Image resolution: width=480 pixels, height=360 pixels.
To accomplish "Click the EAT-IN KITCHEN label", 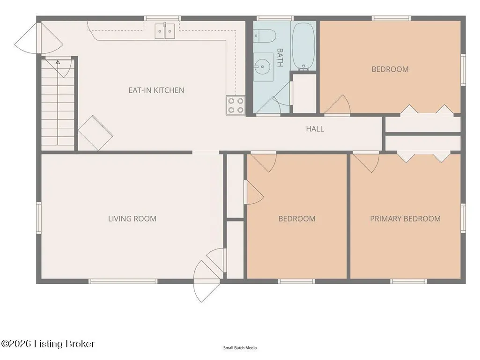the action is pos(156,90).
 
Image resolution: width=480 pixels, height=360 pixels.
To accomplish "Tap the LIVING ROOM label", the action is pos(132,219).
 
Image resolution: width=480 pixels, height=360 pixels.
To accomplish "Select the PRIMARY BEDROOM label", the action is pos(405,219).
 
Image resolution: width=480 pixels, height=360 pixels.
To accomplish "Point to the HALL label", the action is pos(315,129).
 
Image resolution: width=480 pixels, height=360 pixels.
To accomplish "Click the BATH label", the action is pos(280,57).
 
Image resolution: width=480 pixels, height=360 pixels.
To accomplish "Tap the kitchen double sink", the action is pos(165,30).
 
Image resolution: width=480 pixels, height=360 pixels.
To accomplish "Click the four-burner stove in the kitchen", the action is pos(236,105).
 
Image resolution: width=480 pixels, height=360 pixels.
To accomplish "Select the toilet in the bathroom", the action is pos(265,36).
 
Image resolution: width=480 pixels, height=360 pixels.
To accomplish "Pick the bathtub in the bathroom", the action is pos(303,46).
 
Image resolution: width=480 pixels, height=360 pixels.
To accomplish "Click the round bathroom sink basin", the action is pos(262,66).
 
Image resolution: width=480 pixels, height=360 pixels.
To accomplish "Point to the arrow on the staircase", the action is pos(58,103).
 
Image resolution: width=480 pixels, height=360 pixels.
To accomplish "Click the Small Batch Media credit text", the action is pos(240,348).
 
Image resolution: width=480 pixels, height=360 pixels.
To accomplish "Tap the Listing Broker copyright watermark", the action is pos(48,344).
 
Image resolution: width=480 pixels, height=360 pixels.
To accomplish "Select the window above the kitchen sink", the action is pos(162,18).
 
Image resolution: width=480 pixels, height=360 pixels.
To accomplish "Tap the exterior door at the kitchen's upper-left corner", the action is pos(39,38).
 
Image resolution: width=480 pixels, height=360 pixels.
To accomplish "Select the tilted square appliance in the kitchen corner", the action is pos(96,133).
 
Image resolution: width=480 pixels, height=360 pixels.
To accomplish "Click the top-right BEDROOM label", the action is pos(390,69).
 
